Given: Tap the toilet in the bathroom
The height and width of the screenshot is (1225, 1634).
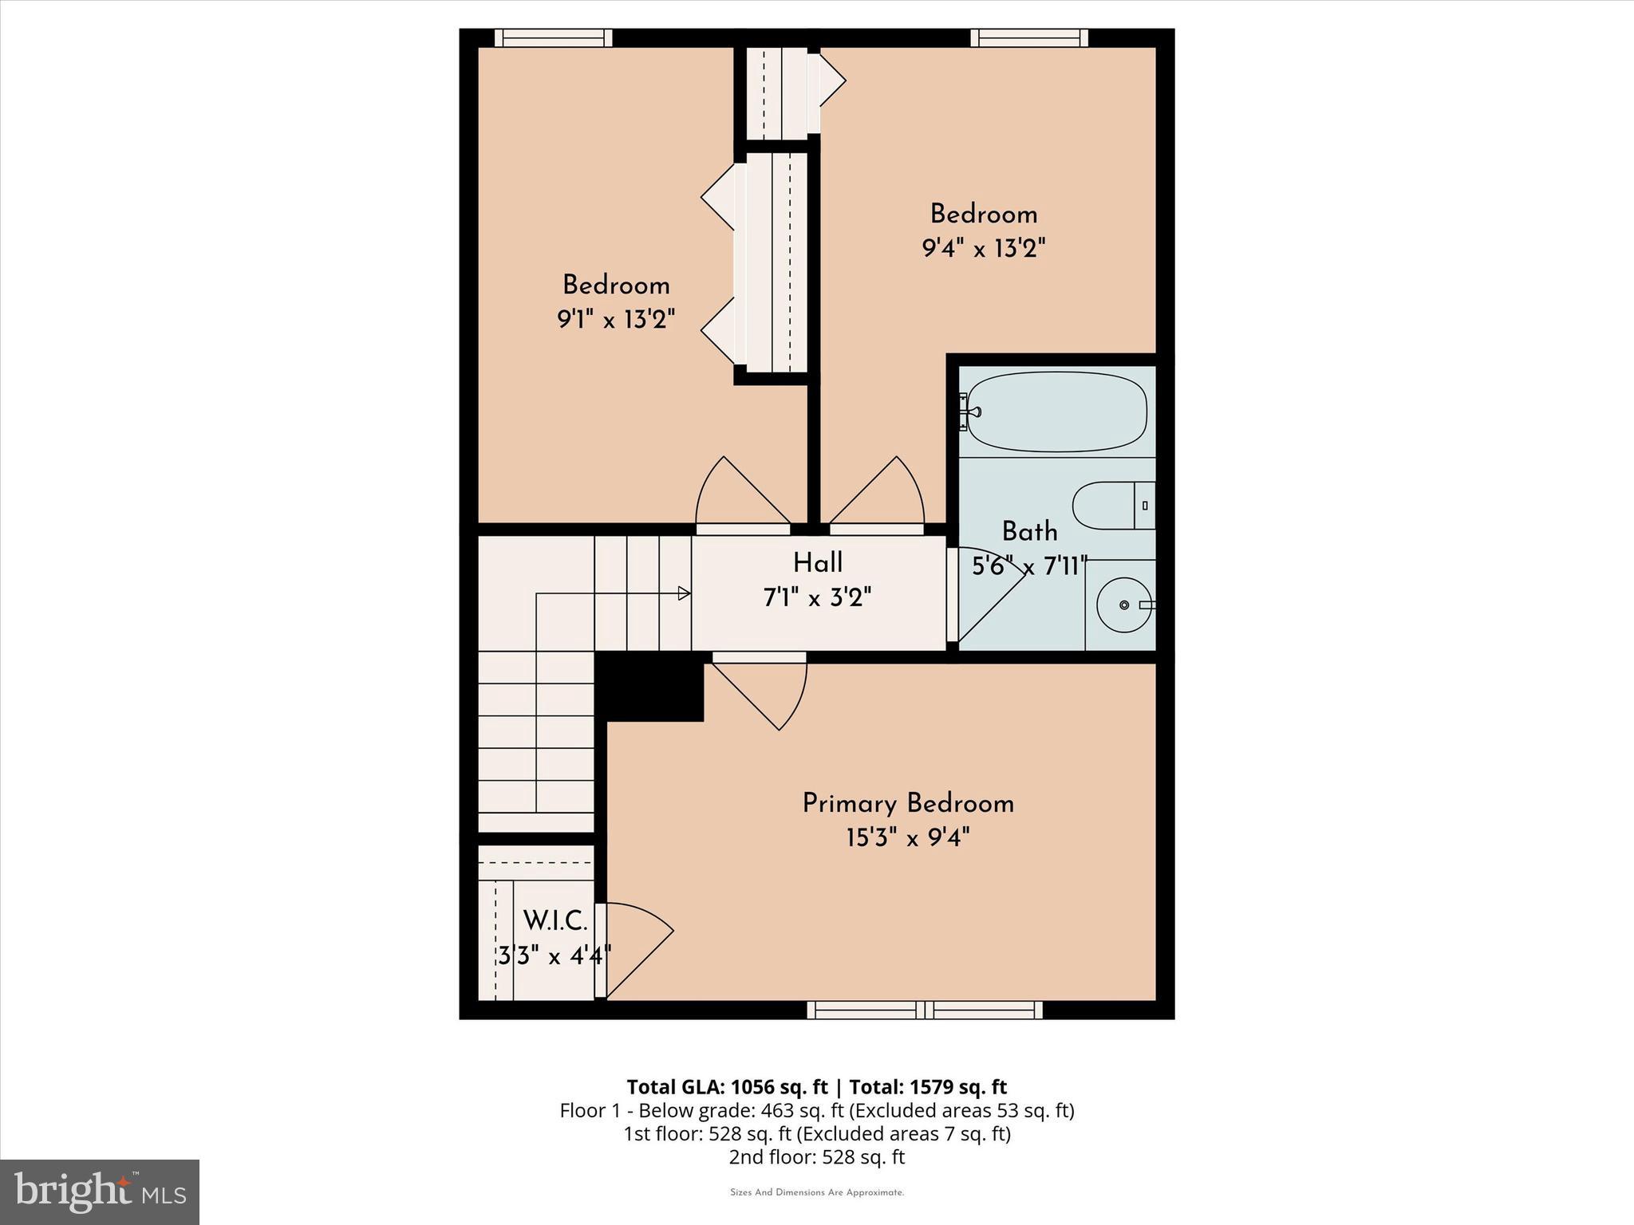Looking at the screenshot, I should [1112, 506].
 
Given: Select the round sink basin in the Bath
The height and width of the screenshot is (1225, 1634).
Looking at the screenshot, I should [1123, 605].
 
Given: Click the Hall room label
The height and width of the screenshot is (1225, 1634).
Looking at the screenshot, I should [817, 563].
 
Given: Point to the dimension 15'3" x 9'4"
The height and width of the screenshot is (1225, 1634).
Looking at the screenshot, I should [907, 838].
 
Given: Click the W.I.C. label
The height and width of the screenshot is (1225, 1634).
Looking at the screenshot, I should [555, 921].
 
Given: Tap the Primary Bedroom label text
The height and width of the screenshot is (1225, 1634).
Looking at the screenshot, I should [907, 803].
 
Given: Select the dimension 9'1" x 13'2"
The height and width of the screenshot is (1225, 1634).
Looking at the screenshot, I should [615, 320].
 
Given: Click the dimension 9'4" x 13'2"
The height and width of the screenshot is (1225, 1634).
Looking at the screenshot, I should [983, 249].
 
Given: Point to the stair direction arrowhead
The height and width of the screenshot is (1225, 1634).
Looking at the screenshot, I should [684, 593].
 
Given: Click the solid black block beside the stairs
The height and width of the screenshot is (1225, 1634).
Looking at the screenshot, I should [650, 687].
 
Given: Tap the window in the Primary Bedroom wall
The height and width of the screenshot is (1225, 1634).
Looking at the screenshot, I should [925, 1010].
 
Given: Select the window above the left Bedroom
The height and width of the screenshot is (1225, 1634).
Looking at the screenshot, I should [553, 37].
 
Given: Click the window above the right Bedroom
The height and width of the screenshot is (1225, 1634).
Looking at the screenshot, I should [1029, 37].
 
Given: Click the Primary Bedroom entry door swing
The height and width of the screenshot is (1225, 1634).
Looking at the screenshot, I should [766, 690].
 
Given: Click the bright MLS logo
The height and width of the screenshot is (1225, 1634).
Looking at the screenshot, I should [100, 1192].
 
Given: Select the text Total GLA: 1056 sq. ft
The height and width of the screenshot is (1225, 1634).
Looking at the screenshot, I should [727, 1087].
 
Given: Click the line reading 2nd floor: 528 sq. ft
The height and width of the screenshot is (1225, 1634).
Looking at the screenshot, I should [816, 1157].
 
